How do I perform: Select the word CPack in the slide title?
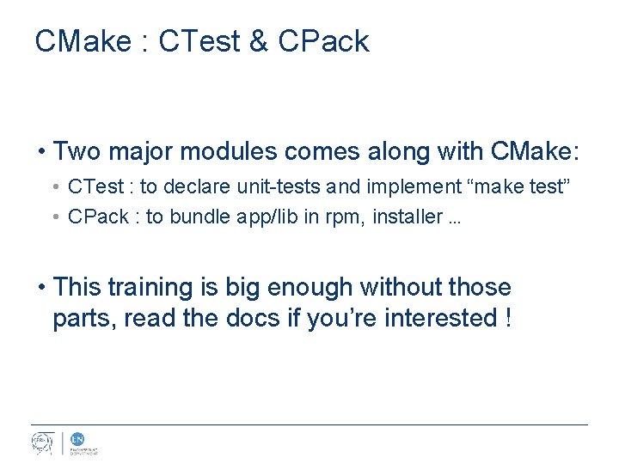pos(323,41)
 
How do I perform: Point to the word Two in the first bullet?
pos(75,152)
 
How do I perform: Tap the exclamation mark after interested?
pos(509,318)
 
